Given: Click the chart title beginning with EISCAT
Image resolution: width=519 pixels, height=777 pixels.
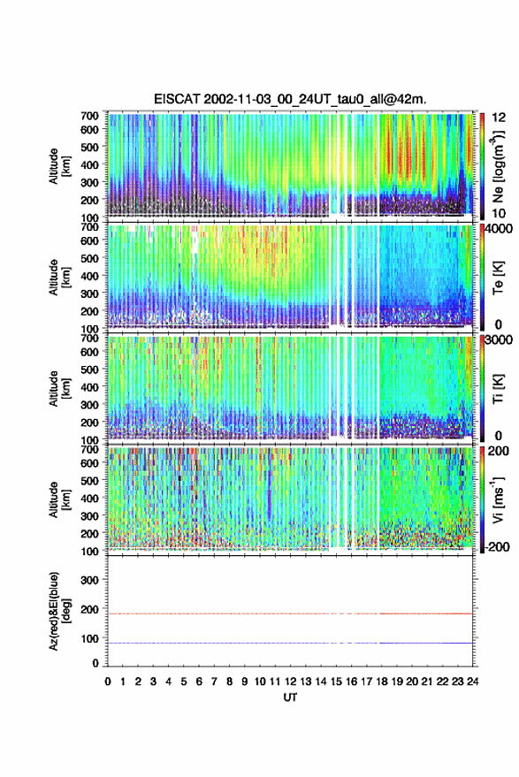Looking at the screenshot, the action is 290,99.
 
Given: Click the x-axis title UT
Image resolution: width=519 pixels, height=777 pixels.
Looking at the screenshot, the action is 291,697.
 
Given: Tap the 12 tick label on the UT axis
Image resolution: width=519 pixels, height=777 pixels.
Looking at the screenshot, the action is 291,682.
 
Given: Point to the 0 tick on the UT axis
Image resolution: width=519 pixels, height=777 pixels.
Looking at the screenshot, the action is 108,682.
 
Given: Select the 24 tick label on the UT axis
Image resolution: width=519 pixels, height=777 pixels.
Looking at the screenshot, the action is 472,682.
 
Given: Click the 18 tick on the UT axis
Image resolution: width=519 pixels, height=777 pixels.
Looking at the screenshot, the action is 382,682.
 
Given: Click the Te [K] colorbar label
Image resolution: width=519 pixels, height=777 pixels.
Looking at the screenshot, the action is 498,278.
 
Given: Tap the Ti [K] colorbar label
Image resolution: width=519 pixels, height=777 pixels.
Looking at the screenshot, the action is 498,389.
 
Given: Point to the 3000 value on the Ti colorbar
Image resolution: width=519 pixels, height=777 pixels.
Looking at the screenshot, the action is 498,339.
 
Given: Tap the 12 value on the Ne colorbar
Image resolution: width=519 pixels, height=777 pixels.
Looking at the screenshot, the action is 499,117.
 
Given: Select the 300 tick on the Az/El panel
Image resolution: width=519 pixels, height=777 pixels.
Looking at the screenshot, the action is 89,580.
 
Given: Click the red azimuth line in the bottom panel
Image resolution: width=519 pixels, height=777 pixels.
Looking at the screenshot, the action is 290,613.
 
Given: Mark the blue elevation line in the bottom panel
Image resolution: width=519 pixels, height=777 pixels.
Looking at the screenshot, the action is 290,643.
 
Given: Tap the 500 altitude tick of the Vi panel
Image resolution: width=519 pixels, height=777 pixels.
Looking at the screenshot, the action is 89,480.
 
